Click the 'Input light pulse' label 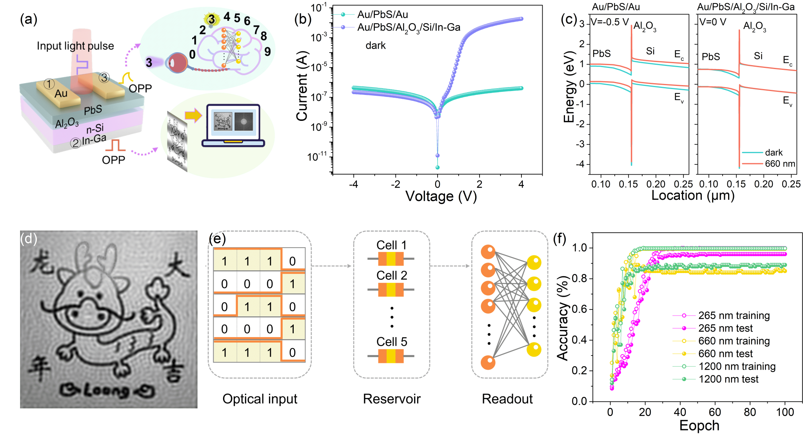[x=75, y=46]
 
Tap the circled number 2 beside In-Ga [x=75, y=143]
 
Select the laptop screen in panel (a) [x=233, y=122]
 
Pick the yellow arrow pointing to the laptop [x=193, y=115]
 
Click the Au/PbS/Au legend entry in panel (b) [x=382, y=15]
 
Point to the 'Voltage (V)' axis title [x=441, y=196]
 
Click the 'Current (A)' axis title [x=302, y=86]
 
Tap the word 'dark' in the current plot [x=375, y=46]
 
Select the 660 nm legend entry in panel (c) [x=779, y=164]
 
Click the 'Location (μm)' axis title [x=692, y=195]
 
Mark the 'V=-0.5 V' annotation [x=610, y=22]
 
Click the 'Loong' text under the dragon [x=107, y=390]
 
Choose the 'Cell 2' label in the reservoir [x=391, y=275]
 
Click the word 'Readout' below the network [x=507, y=399]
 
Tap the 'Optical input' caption [x=260, y=399]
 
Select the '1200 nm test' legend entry [x=728, y=379]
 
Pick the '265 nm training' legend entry [x=734, y=315]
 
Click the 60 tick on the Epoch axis [x=714, y=412]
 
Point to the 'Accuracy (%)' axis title [x=563, y=318]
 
